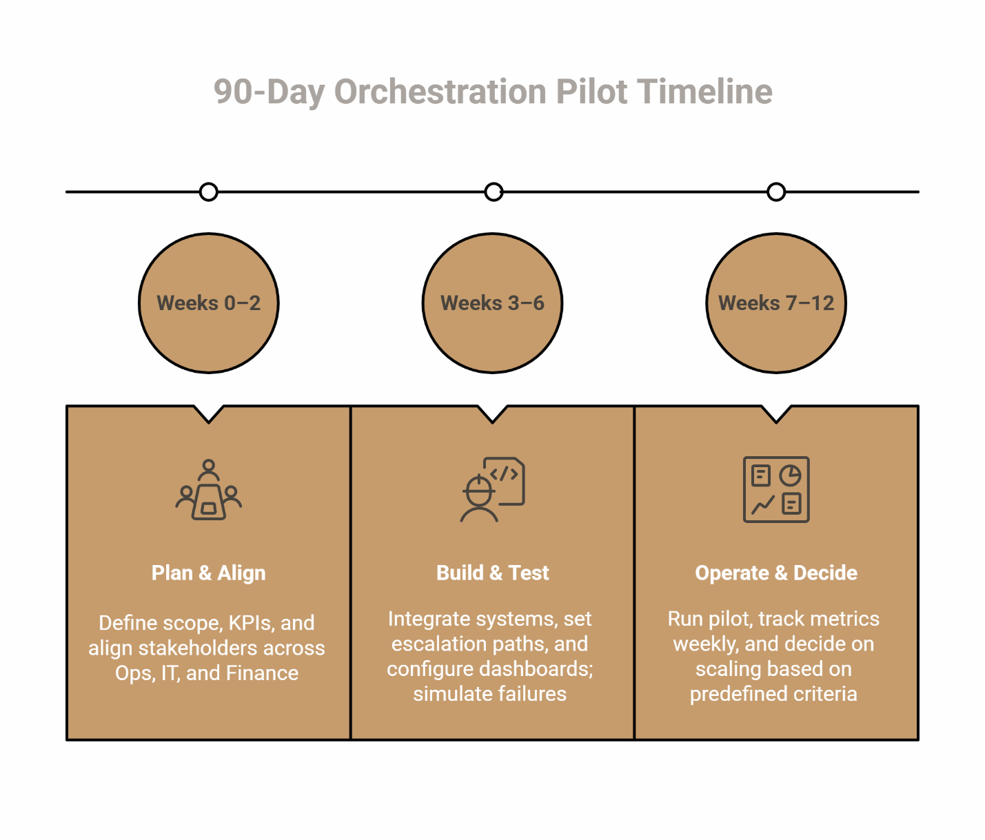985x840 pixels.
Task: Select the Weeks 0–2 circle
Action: click(209, 303)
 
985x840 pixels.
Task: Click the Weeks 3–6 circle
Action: click(493, 303)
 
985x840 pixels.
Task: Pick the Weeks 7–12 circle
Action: click(776, 303)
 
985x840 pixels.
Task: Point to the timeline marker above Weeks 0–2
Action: click(209, 192)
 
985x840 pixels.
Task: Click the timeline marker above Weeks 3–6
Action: click(494, 192)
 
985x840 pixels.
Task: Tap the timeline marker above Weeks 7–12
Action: click(776, 192)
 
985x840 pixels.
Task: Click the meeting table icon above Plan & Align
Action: click(209, 490)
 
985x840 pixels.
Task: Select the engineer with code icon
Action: click(492, 490)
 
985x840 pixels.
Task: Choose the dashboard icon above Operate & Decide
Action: click(776, 489)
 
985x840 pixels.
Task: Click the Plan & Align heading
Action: click(209, 573)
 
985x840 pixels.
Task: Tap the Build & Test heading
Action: click(493, 573)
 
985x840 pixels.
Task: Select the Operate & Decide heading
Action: click(776, 573)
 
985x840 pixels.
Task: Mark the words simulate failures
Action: click(490, 694)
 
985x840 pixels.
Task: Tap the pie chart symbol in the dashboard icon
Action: click(790, 475)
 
